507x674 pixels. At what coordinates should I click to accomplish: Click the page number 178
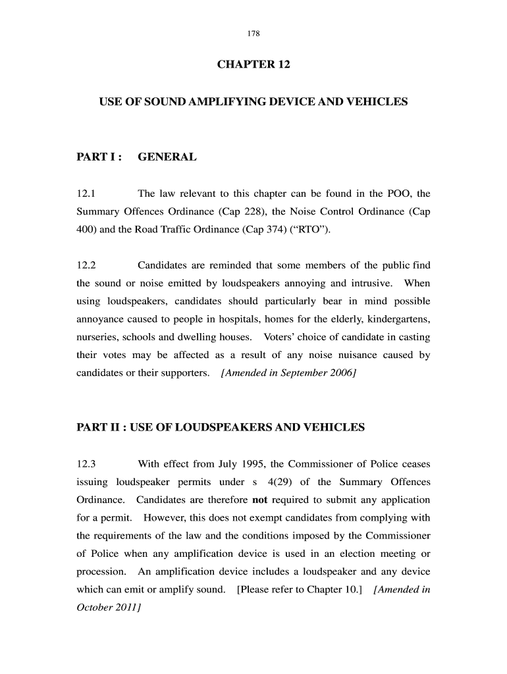pyautogui.click(x=254, y=32)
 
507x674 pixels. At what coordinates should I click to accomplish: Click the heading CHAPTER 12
pyautogui.click(x=254, y=65)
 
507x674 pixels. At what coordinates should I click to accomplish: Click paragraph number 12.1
pyautogui.click(x=87, y=194)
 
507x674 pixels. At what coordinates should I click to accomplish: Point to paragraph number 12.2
pyautogui.click(x=87, y=265)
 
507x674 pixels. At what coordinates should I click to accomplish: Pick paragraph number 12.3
pyautogui.click(x=87, y=463)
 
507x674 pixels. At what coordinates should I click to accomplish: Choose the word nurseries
pyautogui.click(x=99, y=337)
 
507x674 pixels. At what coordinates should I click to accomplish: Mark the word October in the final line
pyautogui.click(x=95, y=607)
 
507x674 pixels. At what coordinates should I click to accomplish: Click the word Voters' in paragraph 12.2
pyautogui.click(x=280, y=337)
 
